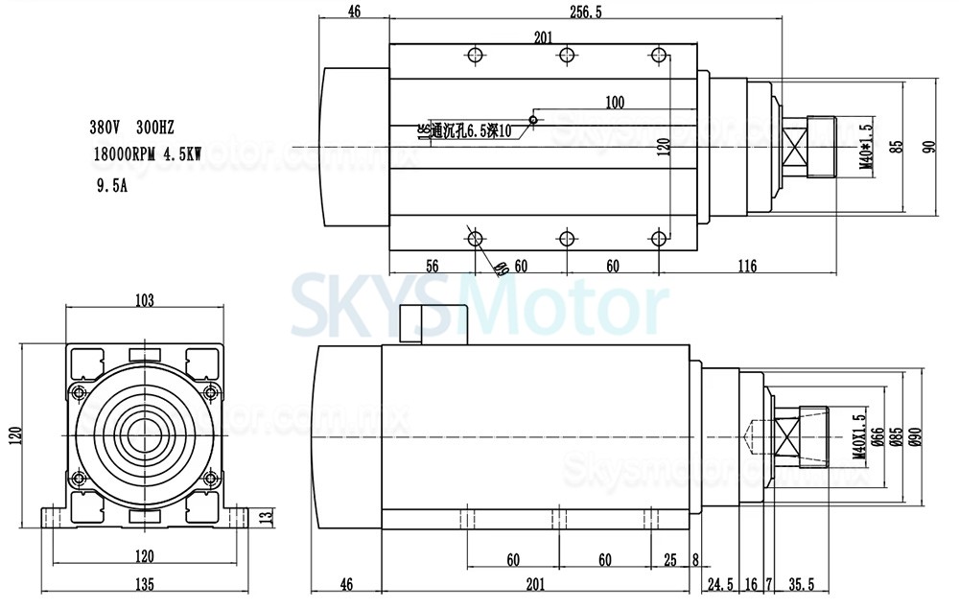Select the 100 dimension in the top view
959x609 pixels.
pos(615,101)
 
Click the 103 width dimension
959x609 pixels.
pos(144,301)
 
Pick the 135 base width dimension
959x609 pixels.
pos(144,584)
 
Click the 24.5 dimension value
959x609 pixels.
pos(720,583)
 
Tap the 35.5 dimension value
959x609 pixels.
pos(801,583)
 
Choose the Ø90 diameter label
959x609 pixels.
pos(916,436)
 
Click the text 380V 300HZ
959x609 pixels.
pos(130,127)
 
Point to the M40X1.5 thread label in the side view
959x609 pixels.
pos(856,438)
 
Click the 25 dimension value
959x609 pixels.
pos(668,558)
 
